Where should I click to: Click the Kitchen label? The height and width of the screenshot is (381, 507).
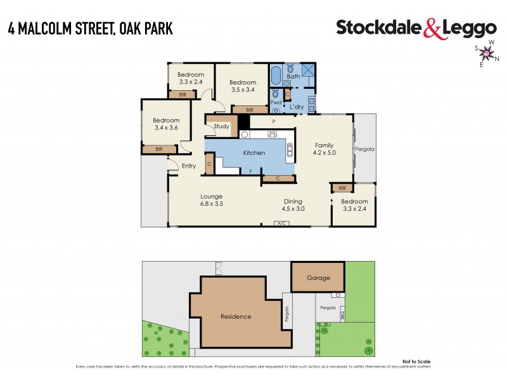[254, 153]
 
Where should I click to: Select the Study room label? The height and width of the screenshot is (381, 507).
[221, 126]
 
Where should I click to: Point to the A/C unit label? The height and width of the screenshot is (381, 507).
[279, 224]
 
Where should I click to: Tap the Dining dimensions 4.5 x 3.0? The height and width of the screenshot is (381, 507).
[293, 209]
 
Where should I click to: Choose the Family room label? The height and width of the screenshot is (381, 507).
[323, 145]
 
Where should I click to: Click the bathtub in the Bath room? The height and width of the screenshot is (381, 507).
[276, 77]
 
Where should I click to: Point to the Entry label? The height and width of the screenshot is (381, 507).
[189, 166]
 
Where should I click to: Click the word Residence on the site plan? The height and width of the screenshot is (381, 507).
[236, 316]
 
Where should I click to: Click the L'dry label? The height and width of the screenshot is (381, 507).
[297, 107]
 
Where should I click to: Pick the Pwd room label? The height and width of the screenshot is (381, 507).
[276, 102]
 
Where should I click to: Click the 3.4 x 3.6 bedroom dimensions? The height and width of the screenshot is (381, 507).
[166, 128]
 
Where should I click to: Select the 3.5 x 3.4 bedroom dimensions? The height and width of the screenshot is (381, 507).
[242, 90]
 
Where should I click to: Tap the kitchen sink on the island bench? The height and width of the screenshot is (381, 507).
[290, 150]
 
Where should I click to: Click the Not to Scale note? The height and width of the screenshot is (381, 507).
[416, 362]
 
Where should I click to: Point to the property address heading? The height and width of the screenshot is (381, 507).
[91, 29]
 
